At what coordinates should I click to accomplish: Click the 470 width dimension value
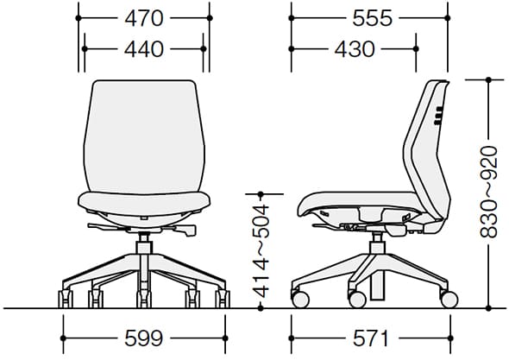point(144,18)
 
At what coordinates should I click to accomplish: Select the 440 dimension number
point(144,49)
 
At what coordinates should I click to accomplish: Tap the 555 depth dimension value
point(373,18)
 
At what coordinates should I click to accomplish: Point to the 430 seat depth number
point(355,49)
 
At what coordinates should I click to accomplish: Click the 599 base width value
point(144,338)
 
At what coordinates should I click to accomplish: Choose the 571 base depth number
point(371,338)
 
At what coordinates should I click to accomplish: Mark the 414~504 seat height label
point(261,251)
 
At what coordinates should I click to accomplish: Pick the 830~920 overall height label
point(488,193)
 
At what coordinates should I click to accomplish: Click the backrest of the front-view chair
point(144,136)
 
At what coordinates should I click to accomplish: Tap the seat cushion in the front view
point(144,203)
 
